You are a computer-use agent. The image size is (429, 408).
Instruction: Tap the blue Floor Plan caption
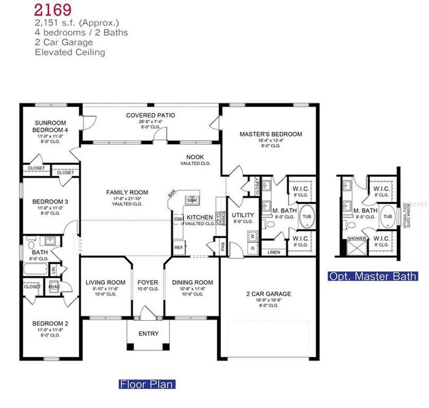[x=147, y=384]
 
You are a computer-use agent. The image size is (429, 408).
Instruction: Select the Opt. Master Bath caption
[x=373, y=276]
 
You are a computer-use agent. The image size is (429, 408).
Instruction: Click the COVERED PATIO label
[x=150, y=116]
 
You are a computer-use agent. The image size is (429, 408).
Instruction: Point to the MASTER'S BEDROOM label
[x=271, y=135]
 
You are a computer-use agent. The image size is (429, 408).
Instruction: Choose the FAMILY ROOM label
[x=127, y=192]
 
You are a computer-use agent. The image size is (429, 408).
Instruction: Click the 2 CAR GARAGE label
[x=268, y=294]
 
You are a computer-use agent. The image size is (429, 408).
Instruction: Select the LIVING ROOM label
[x=105, y=282]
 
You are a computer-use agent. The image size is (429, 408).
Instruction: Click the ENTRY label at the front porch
[x=148, y=333]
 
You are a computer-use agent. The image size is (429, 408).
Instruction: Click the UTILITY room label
[x=243, y=216]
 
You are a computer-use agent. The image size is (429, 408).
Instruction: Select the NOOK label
[x=196, y=158]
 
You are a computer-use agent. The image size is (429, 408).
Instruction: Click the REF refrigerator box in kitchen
[x=179, y=248]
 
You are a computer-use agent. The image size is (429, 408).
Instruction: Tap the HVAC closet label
[x=55, y=286]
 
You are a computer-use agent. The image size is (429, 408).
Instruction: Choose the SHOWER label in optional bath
[x=356, y=239]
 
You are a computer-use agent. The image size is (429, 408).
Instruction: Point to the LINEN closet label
[x=273, y=252]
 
